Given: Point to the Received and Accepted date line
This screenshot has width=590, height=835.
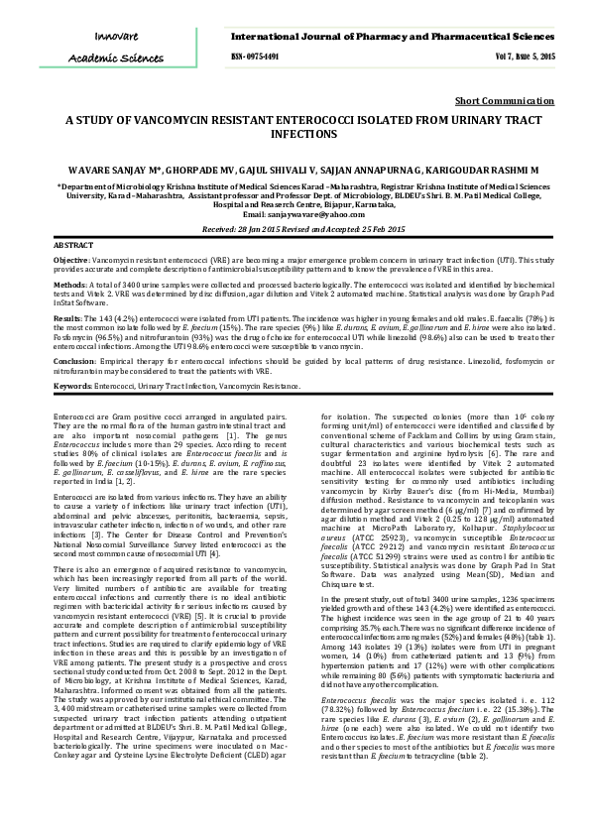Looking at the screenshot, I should pyautogui.click(x=295, y=227).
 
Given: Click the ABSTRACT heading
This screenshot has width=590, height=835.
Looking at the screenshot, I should pyautogui.click(x=73, y=244).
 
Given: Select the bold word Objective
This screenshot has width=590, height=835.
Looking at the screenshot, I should pyautogui.click(x=70, y=257).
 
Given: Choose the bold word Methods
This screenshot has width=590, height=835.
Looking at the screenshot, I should pyautogui.click(x=67, y=283).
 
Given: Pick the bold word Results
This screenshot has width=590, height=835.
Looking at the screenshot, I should pyautogui.click(x=66, y=318).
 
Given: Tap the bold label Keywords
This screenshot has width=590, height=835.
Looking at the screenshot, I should pyautogui.click(x=72, y=385).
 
